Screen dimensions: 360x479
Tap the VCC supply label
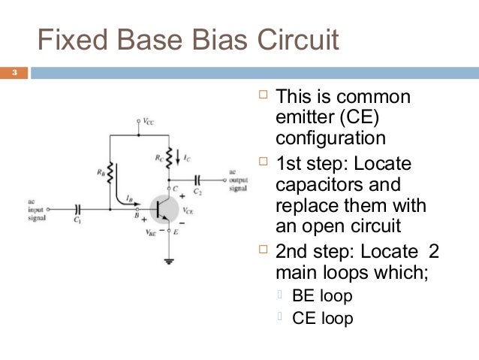pyautogui.click(x=149, y=120)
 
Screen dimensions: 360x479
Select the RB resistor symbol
pyautogui.click(x=110, y=172)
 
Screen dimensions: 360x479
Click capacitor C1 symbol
pyautogui.click(x=77, y=208)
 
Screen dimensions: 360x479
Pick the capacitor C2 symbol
pyautogui.click(x=197, y=180)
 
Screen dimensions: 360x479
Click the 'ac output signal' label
pyautogui.click(x=239, y=180)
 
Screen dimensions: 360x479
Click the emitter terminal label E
pyautogui.click(x=176, y=234)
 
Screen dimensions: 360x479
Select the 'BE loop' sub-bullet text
pyautogui.click(x=322, y=296)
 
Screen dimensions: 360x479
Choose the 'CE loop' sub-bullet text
pyautogui.click(x=322, y=318)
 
